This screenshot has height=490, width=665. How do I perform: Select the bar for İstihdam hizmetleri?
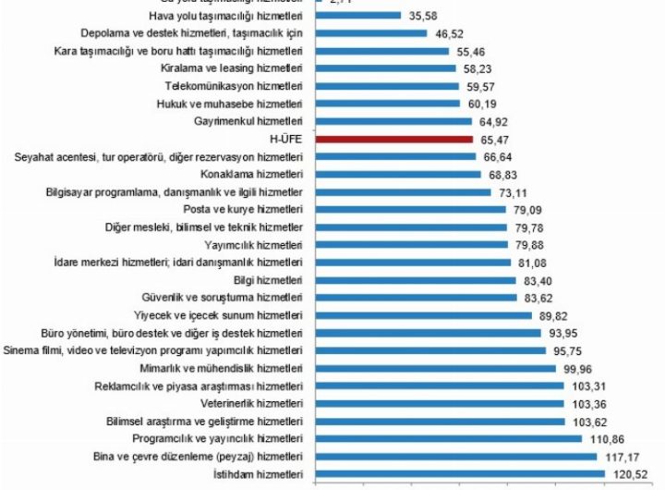coord(460,474)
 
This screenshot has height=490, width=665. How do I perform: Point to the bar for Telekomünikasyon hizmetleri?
coord(387,85)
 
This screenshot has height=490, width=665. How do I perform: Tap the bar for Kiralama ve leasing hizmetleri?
coord(385,67)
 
